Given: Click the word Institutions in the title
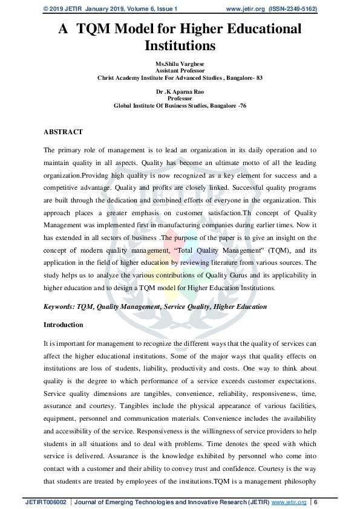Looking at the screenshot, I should pos(180,45).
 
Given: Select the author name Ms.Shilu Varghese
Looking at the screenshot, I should pos(180,63).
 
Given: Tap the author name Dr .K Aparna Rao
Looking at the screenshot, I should pos(180,91).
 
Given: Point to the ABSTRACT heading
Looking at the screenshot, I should pos(63,131).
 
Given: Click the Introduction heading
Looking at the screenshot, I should pos(64,325).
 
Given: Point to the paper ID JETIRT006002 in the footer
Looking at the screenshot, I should pos(45,502).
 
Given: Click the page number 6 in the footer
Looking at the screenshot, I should pos(315,502).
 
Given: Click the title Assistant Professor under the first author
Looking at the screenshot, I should pos(180,70).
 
